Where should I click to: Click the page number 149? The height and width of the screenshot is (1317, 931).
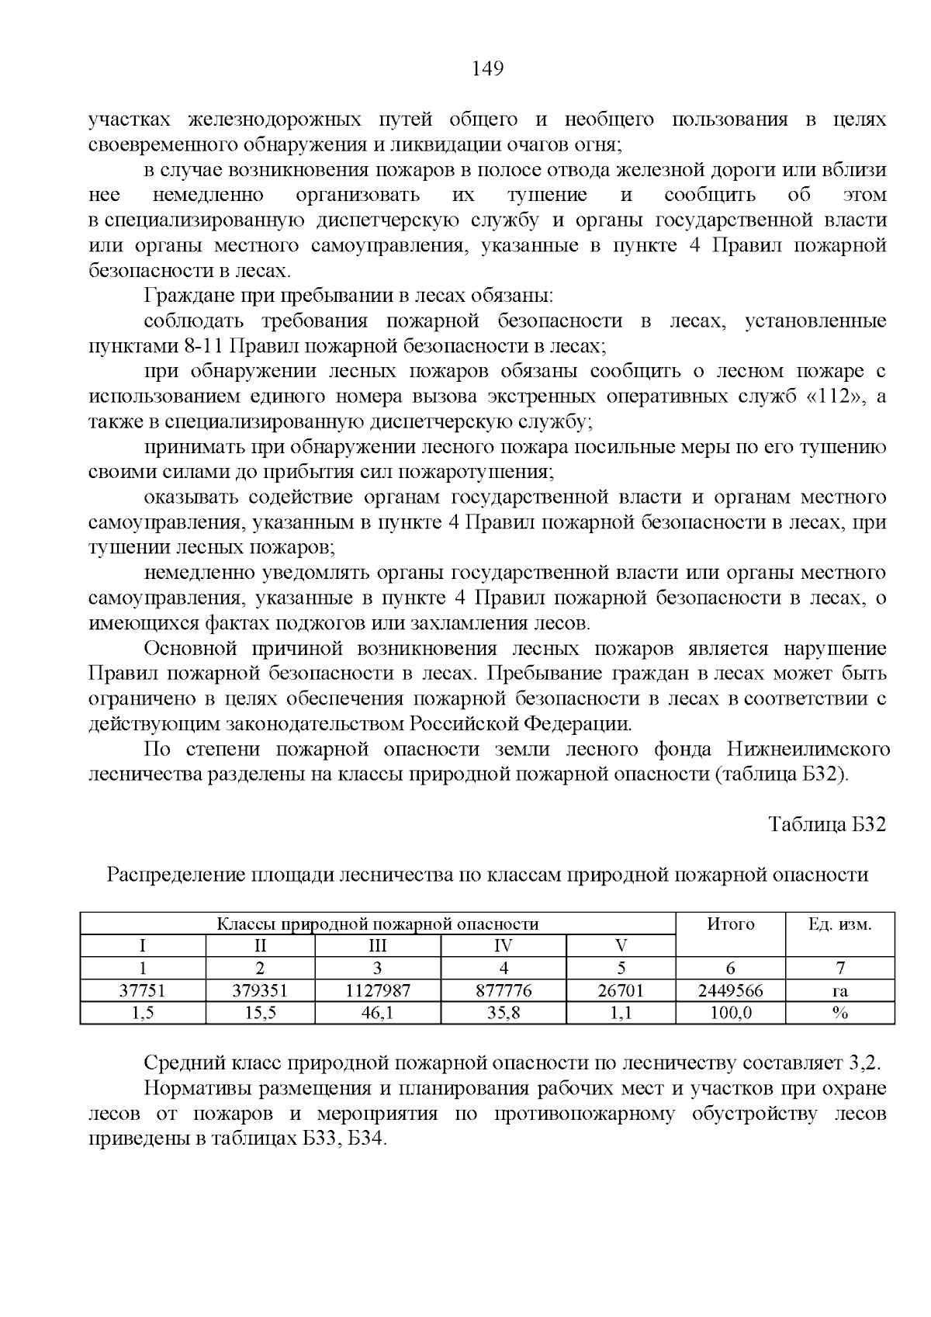[488, 69]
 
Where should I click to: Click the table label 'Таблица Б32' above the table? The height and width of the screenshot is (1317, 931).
[827, 824]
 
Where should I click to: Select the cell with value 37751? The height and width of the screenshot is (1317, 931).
[143, 990]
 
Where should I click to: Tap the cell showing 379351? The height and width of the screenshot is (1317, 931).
[261, 990]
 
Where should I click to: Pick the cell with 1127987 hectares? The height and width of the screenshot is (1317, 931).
[378, 990]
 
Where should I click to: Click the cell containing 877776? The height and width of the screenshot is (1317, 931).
[504, 990]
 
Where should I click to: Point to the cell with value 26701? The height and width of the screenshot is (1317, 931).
[621, 990]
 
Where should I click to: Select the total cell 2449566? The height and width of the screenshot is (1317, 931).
[730, 990]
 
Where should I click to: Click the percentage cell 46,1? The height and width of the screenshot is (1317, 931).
[378, 1013]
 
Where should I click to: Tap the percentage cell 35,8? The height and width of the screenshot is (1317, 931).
[504, 1013]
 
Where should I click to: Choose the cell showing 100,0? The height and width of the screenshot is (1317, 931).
[730, 1013]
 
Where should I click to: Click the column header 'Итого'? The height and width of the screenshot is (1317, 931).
[730, 924]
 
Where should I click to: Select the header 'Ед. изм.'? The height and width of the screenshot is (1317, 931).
[840, 924]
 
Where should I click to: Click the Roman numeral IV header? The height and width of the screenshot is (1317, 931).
[504, 946]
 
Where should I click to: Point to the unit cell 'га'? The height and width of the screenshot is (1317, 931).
[840, 991]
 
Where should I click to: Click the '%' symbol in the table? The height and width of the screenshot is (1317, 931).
[840, 1013]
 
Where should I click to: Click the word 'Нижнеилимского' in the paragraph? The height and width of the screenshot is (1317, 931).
[808, 750]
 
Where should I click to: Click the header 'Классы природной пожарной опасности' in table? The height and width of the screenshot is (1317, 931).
[377, 924]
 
